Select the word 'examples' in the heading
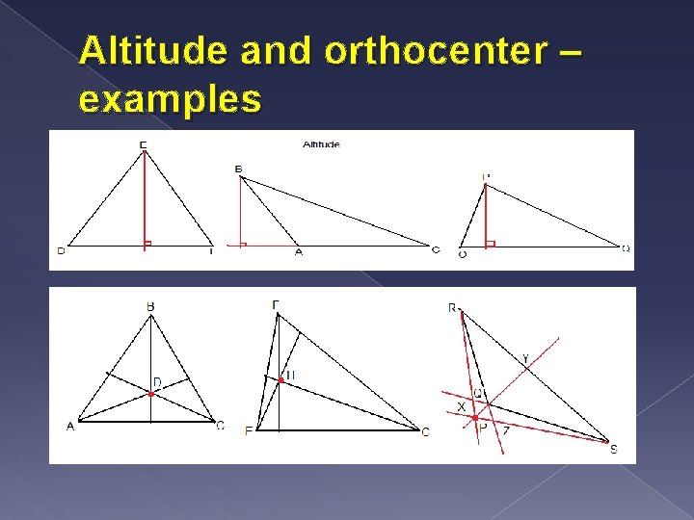(171, 98)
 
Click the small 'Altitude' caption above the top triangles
(321, 144)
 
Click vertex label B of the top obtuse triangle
(238, 169)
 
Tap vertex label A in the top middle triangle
(298, 252)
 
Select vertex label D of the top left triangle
(61, 251)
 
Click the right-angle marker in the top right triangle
(490, 244)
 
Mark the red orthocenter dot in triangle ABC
(151, 393)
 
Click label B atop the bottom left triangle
(150, 307)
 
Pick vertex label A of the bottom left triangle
(70, 427)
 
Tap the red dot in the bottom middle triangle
(280, 380)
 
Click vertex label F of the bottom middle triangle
(249, 431)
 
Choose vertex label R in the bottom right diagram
(451, 308)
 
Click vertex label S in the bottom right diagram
(613, 448)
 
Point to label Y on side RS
(525, 359)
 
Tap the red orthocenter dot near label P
(475, 418)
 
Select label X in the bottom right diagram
(460, 407)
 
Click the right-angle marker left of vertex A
(242, 245)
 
